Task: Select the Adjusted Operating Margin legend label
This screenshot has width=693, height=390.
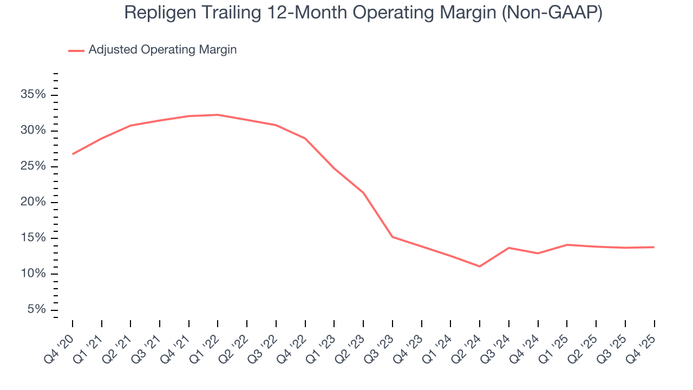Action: coord(162,50)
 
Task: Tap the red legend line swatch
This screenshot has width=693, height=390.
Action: coord(76,50)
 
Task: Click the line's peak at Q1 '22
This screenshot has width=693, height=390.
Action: coord(218,115)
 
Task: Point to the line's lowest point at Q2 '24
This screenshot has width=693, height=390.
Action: coord(480,266)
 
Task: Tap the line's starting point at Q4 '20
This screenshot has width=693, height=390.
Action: coord(73,154)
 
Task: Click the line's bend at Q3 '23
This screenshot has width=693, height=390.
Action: coord(393,237)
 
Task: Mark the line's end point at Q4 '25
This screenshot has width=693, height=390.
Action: coord(654,247)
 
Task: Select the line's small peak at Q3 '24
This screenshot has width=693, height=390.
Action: coord(509,248)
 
